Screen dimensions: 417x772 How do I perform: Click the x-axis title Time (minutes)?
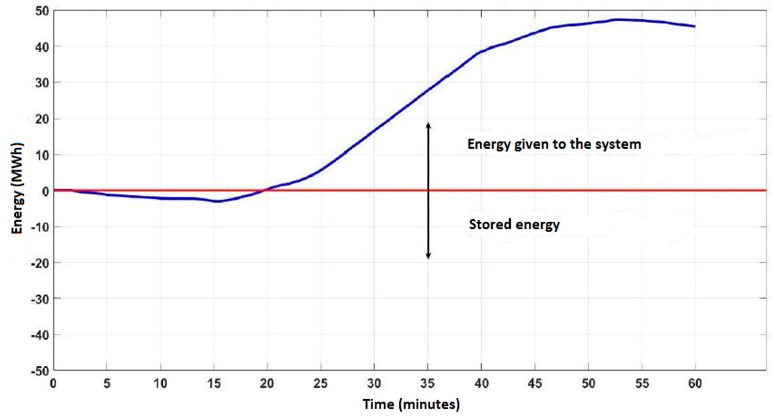(411, 404)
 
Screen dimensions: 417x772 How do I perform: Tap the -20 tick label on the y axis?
(40, 263)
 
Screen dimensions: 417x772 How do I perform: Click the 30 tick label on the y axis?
(41, 83)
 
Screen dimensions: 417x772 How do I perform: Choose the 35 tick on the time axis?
(428, 384)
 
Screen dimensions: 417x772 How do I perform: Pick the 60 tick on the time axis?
(695, 384)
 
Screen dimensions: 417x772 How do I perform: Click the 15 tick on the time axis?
(214, 384)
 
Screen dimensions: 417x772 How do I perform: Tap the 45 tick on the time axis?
(535, 384)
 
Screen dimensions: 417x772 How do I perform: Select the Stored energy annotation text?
(514, 224)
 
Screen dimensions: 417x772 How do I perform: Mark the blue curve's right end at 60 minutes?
(694, 26)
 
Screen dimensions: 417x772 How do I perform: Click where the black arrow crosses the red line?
(428, 190)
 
